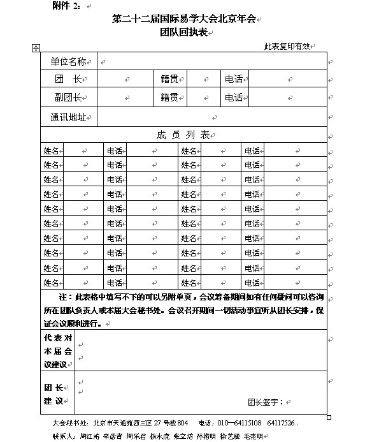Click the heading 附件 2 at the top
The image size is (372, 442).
click(x=66, y=6)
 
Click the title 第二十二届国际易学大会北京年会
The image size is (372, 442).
click(x=184, y=20)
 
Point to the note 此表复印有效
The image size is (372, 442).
click(x=287, y=47)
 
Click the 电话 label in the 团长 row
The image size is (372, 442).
click(x=234, y=80)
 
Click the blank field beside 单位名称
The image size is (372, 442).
click(x=210, y=62)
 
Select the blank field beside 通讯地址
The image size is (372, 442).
click(x=210, y=117)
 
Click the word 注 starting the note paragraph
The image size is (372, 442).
click(x=62, y=297)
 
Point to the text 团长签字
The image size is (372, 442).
click(x=266, y=402)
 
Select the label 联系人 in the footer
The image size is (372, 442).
click(x=65, y=437)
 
